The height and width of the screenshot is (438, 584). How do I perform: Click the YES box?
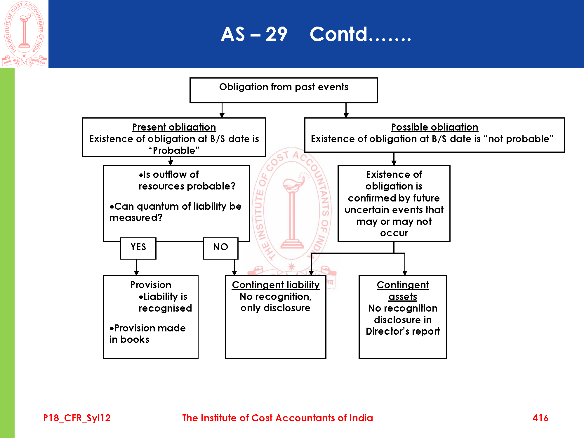click(138, 248)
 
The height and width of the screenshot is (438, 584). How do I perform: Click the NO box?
click(220, 248)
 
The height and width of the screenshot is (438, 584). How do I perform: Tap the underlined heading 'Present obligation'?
click(174, 127)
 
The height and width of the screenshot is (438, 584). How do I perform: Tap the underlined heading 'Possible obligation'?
click(434, 127)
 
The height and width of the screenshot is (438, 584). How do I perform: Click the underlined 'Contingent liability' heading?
click(276, 285)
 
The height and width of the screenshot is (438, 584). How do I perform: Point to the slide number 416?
click(540, 418)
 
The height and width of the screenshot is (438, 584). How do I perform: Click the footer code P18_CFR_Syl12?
click(77, 418)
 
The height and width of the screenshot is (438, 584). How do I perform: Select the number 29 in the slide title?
click(276, 34)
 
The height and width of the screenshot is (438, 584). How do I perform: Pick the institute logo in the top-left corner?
click(24, 34)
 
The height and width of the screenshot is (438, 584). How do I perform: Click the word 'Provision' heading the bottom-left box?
click(151, 285)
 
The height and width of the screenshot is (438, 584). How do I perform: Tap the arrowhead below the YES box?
click(136, 273)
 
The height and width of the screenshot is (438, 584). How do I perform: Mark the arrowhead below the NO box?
click(234, 273)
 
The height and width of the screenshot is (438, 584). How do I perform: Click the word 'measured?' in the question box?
click(136, 218)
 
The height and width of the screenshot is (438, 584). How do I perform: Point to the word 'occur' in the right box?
click(394, 233)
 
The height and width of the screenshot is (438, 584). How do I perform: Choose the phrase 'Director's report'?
click(403, 331)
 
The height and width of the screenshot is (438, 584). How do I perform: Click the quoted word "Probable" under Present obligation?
click(174, 150)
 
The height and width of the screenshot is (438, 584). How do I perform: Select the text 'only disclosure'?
click(275, 308)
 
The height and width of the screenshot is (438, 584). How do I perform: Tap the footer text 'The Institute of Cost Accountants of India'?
click(277, 418)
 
